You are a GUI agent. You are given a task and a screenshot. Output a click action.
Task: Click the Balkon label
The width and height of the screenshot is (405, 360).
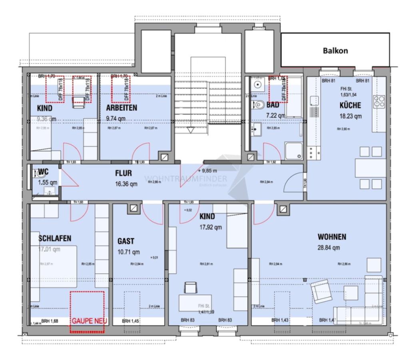point(335,51)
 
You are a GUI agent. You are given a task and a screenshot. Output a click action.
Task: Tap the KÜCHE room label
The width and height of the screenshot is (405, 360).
point(350,106)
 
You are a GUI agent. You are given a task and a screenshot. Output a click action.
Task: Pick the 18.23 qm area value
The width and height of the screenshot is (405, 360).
point(350,117)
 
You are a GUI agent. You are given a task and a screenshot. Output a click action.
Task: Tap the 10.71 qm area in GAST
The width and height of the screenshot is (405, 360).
point(128,252)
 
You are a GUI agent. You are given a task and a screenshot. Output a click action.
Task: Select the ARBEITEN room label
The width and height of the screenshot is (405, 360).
point(122,108)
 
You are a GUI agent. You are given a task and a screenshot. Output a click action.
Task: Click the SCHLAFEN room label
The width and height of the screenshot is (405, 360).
point(55,238)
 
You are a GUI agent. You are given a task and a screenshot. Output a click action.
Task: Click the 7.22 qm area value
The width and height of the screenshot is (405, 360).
point(275,115)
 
